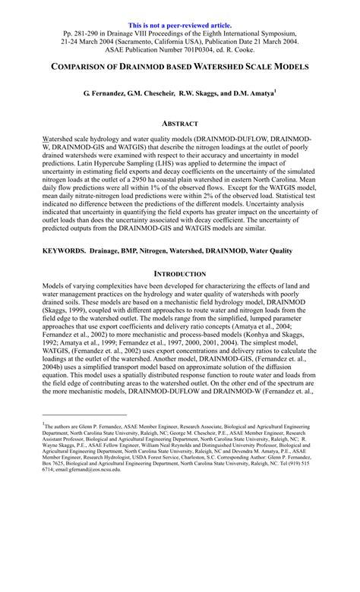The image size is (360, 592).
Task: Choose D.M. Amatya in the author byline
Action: (251, 96)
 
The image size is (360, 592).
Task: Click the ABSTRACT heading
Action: (180, 123)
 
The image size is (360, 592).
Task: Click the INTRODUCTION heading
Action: (180, 272)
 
